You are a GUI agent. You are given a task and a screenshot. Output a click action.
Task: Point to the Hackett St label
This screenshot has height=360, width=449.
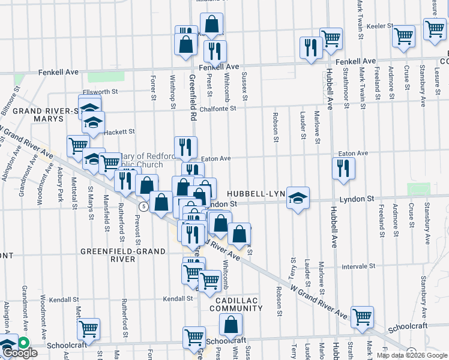(119, 131)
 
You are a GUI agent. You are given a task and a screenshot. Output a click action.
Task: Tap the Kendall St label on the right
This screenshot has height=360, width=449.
(179, 298)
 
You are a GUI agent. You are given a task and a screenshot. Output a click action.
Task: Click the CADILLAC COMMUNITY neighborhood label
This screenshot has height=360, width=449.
(236, 304)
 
